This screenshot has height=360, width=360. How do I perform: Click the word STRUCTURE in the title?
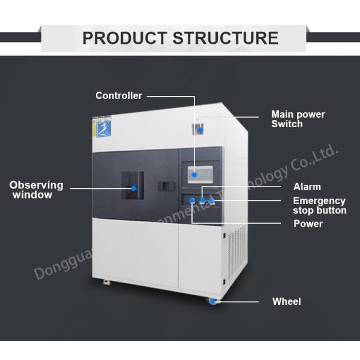(225, 38)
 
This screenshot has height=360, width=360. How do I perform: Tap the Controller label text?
(119, 95)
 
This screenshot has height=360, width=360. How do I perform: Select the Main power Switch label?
(298, 119)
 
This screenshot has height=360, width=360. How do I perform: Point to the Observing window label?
(36, 190)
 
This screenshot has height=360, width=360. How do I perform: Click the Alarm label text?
(307, 187)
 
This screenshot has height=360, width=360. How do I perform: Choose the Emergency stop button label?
(319, 205)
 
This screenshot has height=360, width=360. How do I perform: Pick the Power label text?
(308, 224)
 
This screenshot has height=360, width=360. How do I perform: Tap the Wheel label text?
(287, 301)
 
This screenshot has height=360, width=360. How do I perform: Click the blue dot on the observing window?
(134, 188)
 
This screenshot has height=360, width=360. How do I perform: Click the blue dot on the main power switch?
(202, 130)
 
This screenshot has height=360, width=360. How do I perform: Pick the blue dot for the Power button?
(191, 200)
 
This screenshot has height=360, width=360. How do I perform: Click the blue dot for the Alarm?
(202, 200)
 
